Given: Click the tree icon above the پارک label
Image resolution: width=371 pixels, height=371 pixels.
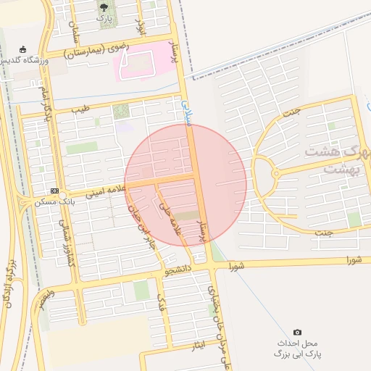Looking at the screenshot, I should point(107,7).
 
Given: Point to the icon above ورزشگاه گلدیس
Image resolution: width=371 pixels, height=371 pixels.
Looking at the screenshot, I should point(24,49).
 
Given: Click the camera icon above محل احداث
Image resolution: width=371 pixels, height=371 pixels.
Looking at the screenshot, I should point(297,331).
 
